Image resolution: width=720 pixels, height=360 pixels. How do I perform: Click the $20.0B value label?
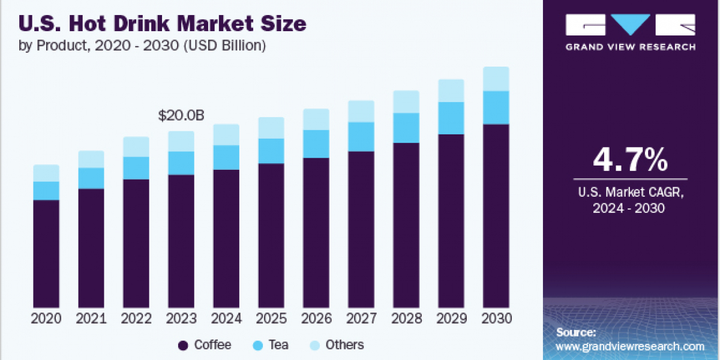(x=181, y=116)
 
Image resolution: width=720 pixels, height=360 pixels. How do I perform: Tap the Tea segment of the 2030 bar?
(x=496, y=107)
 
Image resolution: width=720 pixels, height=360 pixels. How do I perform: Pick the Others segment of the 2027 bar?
(x=361, y=111)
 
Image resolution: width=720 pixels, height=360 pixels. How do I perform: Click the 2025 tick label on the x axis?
(x=271, y=319)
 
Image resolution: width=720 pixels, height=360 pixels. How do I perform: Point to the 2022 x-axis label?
(x=136, y=319)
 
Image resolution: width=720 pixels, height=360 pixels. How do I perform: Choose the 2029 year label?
(x=451, y=319)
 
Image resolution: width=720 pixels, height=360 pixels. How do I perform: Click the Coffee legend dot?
(x=184, y=345)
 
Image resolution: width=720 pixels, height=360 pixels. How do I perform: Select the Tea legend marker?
(x=258, y=345)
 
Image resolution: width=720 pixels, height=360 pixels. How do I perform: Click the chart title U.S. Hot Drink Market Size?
(x=163, y=24)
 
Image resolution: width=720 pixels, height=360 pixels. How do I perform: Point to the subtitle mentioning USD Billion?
(x=143, y=46)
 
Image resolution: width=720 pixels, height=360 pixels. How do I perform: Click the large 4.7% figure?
(x=630, y=160)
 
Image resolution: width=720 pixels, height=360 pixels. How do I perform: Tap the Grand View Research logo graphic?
(x=630, y=25)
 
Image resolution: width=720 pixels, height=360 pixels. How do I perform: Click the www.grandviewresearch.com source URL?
(x=630, y=346)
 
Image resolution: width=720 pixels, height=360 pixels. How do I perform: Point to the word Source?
(x=576, y=332)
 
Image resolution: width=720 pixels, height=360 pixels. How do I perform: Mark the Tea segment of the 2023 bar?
(x=181, y=163)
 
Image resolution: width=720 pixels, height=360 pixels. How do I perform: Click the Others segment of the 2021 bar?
(x=91, y=159)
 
